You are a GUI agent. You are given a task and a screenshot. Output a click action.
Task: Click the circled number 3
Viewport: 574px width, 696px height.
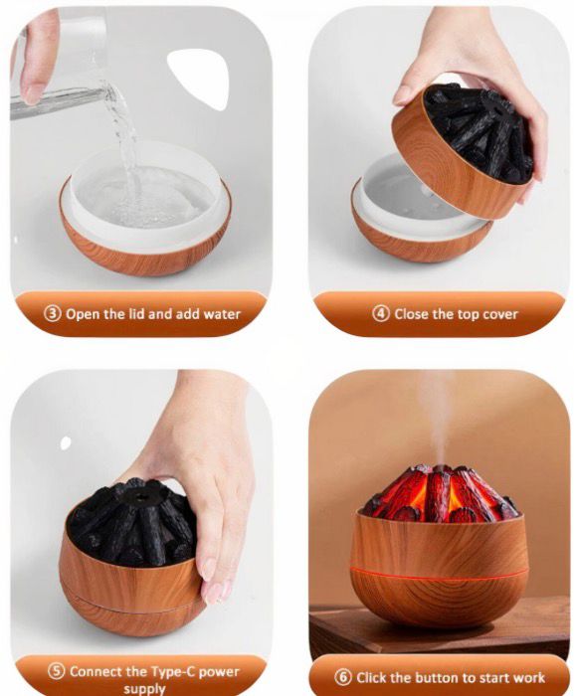click(53, 314)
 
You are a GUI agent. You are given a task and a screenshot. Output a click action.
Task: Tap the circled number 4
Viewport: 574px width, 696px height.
click(381, 314)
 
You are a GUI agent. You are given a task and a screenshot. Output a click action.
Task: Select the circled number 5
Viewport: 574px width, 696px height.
click(57, 671)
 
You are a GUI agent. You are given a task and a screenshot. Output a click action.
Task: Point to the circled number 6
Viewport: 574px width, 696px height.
click(342, 677)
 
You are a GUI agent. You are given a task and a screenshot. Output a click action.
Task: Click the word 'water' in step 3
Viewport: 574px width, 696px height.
click(222, 314)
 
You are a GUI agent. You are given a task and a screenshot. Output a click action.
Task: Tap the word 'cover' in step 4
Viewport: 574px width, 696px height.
click(500, 314)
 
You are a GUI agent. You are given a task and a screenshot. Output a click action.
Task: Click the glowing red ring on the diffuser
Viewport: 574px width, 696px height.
click(438, 573)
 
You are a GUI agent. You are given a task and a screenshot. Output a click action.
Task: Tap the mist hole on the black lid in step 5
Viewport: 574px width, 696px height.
click(141, 497)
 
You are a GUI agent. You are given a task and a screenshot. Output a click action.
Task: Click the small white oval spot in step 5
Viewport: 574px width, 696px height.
click(66, 442)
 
